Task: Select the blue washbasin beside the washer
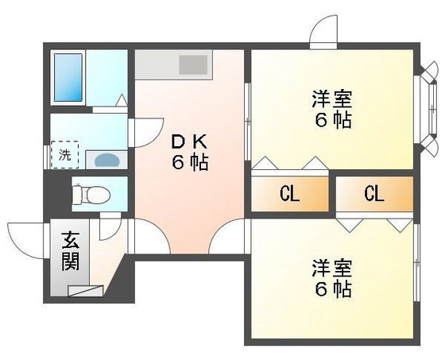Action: [x=105, y=159]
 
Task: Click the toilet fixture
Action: [x=87, y=192]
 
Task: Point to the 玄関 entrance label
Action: [x=70, y=250]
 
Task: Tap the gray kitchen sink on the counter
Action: [x=192, y=64]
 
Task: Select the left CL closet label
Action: [x=288, y=194]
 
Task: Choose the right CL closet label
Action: [x=374, y=194]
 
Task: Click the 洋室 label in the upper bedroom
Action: [x=331, y=102]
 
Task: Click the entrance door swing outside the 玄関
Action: [x=24, y=238]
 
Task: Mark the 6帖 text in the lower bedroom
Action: [x=331, y=289]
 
